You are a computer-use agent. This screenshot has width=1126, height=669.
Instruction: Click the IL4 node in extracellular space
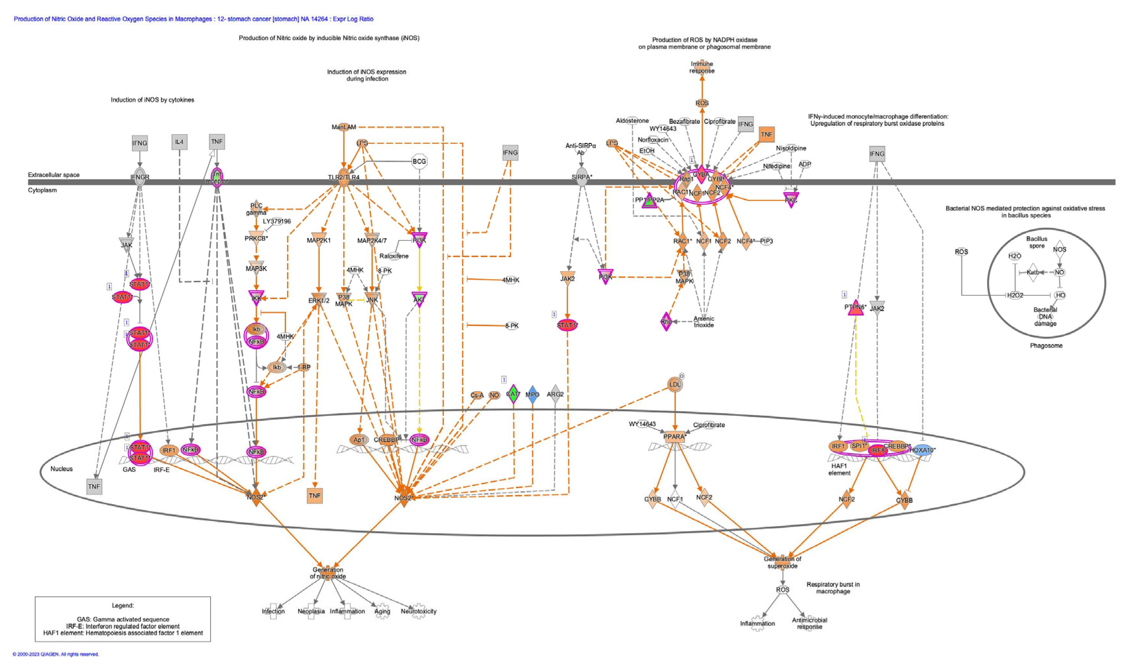pos(180,142)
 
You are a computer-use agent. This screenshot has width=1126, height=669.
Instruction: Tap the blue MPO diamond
pos(532,394)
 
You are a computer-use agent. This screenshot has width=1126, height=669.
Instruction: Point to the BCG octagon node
pos(419,161)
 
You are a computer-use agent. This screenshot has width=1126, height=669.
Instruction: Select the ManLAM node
pos(344,127)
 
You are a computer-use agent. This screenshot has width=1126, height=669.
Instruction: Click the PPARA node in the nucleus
pos(674,436)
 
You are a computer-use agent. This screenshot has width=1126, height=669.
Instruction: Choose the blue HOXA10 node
pos(922,450)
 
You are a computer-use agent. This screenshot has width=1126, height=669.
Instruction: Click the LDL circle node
pos(675,385)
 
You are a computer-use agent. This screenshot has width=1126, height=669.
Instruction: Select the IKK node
pos(256,298)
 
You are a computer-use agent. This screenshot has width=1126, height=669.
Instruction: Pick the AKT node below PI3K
pos(419,299)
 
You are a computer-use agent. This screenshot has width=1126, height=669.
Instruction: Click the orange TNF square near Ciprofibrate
pos(766,134)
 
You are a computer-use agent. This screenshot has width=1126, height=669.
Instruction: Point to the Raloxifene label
pos(394,256)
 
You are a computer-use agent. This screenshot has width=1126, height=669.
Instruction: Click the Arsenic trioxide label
pos(704,322)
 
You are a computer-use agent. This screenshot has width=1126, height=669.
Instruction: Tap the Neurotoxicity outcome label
pos(419,611)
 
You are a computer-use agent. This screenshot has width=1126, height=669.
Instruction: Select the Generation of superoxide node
pos(782,562)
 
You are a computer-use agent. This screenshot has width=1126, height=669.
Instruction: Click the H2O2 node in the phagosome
pos(1015,295)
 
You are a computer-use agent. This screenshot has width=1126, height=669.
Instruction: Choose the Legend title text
pos(123,606)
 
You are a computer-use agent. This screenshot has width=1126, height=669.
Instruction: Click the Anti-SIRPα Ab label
pos(581,149)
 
